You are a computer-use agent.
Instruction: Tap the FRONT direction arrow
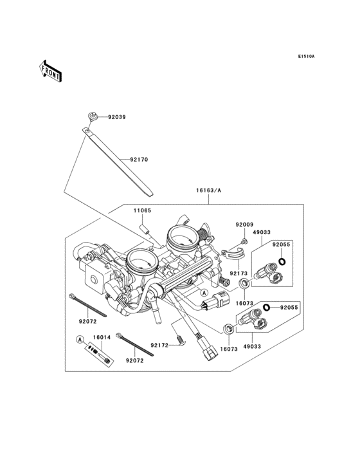[x=51, y=70]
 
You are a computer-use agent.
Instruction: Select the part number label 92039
[x=117, y=118]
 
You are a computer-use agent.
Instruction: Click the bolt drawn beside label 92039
[x=94, y=116]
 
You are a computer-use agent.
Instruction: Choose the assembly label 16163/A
[x=208, y=190]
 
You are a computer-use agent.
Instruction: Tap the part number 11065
[x=143, y=210]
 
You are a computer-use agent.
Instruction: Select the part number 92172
[x=159, y=346]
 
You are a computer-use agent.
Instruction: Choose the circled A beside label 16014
[x=80, y=339]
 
